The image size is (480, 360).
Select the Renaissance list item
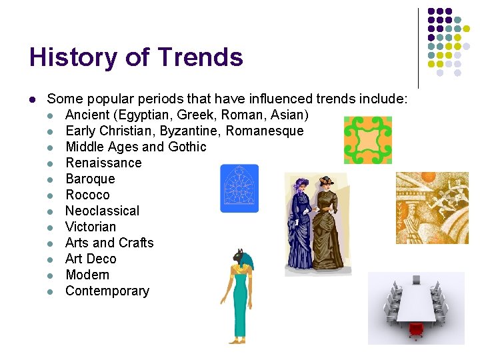103,163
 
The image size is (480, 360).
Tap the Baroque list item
90,179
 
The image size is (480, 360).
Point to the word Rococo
87,195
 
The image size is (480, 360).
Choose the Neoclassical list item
102,211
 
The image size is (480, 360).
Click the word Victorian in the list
91,227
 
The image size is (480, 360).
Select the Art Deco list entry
91,259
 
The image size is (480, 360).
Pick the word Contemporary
107,291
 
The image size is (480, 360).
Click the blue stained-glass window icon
239,188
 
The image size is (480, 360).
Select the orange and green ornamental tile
368,140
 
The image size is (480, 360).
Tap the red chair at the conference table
417,329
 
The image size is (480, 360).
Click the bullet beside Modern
50,275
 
